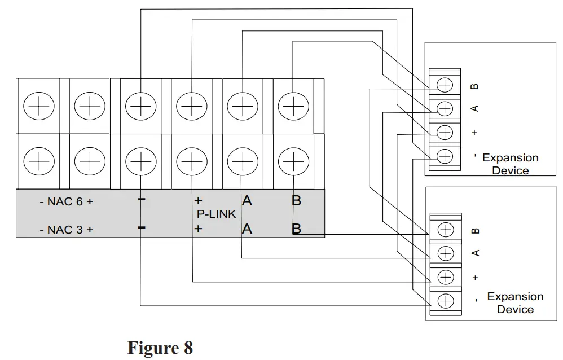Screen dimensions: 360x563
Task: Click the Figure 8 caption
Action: coord(160,347)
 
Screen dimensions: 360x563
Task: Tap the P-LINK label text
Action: coord(216,214)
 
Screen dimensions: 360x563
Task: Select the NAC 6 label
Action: coord(66,201)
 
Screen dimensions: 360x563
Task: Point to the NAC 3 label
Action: coord(66,229)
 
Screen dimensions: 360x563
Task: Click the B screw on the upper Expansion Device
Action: coord(445,85)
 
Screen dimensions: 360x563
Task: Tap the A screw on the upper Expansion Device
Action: coord(445,108)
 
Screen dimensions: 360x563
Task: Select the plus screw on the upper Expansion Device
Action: coord(445,132)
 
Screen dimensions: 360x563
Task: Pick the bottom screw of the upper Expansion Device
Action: coord(445,156)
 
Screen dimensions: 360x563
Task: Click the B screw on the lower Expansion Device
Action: coord(446,230)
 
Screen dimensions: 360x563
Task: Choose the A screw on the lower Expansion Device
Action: coord(446,252)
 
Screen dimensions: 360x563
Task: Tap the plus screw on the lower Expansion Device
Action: coord(446,276)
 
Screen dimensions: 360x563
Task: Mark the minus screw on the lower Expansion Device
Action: coord(446,300)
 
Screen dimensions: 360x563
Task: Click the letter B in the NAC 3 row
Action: coord(296,229)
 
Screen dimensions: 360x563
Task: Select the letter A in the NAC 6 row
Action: coord(247,200)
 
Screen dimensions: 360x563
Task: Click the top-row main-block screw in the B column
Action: coord(293,106)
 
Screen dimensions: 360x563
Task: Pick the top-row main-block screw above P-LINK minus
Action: coord(140,106)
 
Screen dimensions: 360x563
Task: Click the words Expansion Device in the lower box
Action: coord(515,303)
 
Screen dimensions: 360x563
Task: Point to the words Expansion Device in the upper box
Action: coord(511,164)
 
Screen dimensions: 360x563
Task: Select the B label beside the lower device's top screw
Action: coord(475,230)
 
